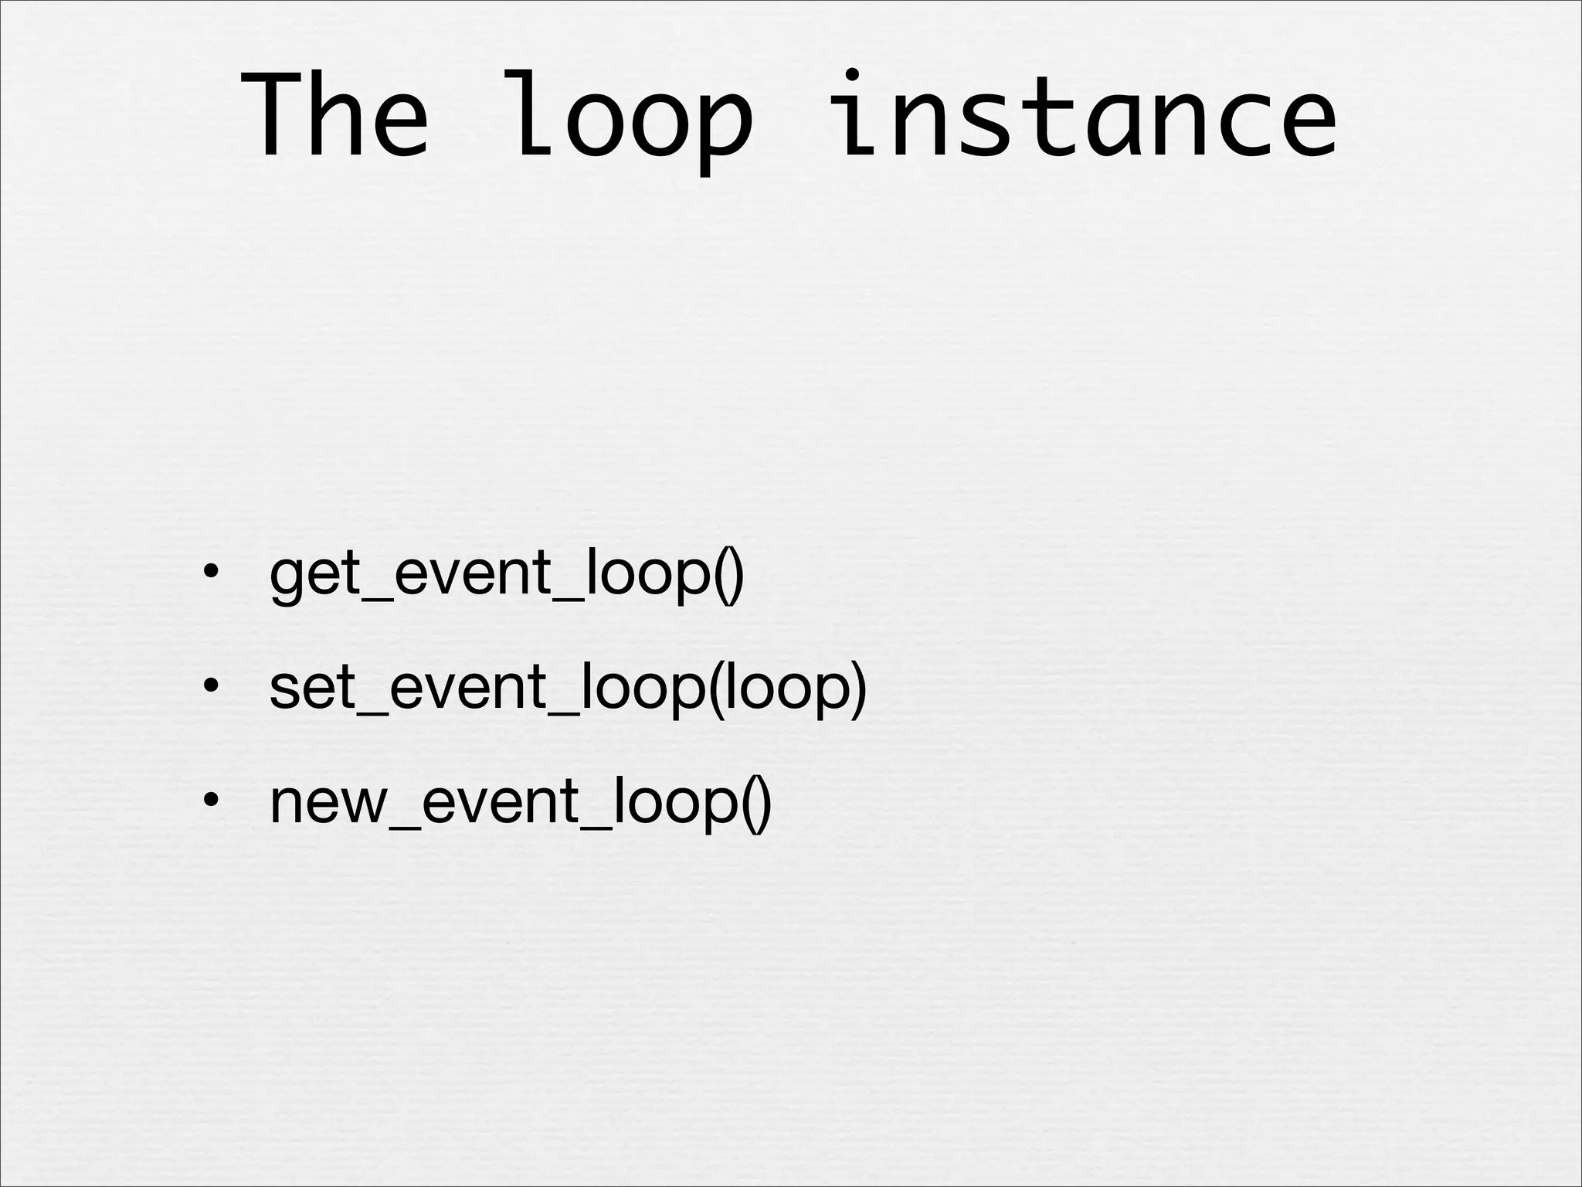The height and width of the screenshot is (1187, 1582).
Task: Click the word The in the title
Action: [x=334, y=116]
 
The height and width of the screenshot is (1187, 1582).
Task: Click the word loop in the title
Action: [x=632, y=116]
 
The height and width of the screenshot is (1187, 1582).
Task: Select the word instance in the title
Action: [x=1086, y=116]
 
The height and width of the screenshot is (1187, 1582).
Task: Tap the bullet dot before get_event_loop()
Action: [x=209, y=573]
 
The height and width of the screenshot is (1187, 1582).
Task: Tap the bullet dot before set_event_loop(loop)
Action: [x=209, y=688]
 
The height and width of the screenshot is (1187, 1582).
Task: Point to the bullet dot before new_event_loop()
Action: [x=209, y=802]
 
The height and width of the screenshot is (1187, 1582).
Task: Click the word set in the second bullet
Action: [x=312, y=688]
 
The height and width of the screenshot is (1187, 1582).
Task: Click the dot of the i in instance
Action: [x=850, y=75]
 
